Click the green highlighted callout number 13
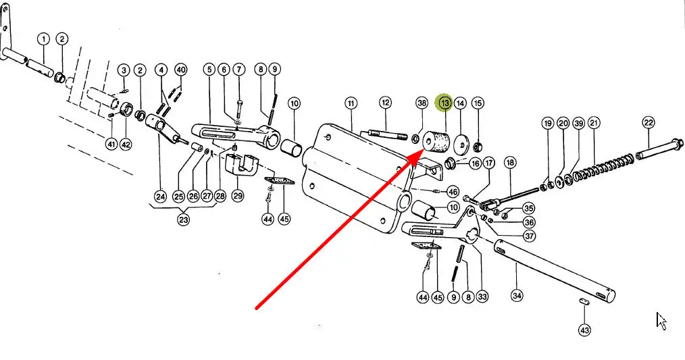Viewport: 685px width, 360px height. pyautogui.click(x=445, y=103)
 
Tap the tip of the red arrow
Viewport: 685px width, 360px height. pyautogui.click(x=423, y=149)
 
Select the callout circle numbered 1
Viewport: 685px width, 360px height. pyautogui.click(x=44, y=39)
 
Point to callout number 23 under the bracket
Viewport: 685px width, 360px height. pyautogui.click(x=184, y=219)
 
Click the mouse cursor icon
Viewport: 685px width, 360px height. pyautogui.click(x=661, y=321)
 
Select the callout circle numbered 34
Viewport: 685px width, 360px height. pyautogui.click(x=517, y=296)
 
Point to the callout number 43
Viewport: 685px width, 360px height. pyautogui.click(x=585, y=330)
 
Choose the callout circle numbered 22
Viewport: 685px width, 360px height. pyautogui.click(x=649, y=122)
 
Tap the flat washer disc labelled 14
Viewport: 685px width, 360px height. pyautogui.click(x=462, y=145)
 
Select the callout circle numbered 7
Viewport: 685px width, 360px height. pyautogui.click(x=239, y=69)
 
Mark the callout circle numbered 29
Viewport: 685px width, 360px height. pyautogui.click(x=238, y=195)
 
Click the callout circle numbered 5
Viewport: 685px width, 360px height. pyautogui.click(x=209, y=69)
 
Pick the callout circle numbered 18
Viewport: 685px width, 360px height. pyautogui.click(x=510, y=163)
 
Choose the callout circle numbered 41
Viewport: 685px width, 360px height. pyautogui.click(x=111, y=143)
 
